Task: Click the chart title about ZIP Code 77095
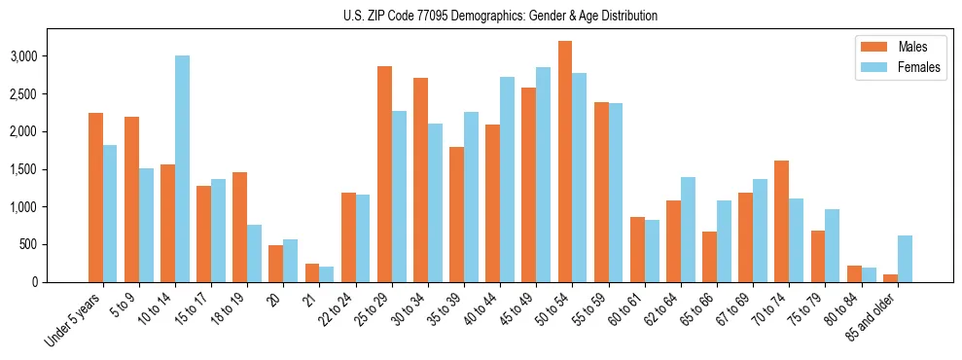[500, 16]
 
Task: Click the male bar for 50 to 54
[565, 162]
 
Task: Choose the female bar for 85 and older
[905, 259]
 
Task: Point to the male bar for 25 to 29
[384, 174]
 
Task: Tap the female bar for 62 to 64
[688, 230]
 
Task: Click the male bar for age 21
[312, 272]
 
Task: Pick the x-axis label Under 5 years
[72, 321]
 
